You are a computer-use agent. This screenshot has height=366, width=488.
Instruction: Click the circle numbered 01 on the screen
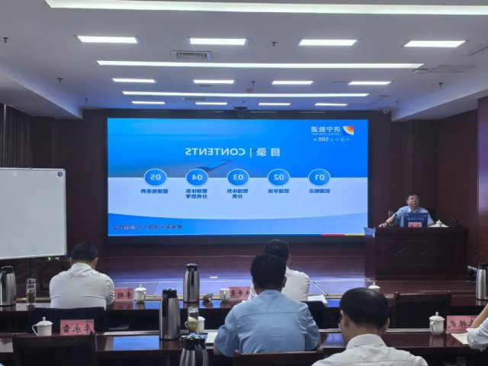[319, 178]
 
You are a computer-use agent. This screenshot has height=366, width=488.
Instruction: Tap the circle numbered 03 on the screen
[237, 178]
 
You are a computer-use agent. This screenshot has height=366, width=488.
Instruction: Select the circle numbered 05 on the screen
[156, 178]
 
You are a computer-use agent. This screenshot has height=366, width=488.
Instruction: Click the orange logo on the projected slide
[348, 130]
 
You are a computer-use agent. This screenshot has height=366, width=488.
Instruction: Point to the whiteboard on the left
[32, 213]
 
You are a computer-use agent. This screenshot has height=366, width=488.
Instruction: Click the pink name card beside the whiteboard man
[124, 294]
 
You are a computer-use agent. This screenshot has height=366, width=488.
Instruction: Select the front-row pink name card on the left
[77, 326]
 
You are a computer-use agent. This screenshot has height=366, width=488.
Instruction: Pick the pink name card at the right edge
[459, 323]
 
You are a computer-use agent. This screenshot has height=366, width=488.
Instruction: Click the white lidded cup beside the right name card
[436, 323]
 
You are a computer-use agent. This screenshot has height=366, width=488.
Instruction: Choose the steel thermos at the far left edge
[8, 285]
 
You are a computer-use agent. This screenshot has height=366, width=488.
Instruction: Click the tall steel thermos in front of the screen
[191, 283]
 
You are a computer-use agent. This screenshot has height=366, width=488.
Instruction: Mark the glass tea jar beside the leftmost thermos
[30, 291]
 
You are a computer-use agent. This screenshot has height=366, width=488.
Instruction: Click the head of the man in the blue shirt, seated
[268, 272]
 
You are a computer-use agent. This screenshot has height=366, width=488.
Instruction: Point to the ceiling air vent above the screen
[191, 56]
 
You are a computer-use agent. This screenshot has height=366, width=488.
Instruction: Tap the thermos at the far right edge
[481, 281]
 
